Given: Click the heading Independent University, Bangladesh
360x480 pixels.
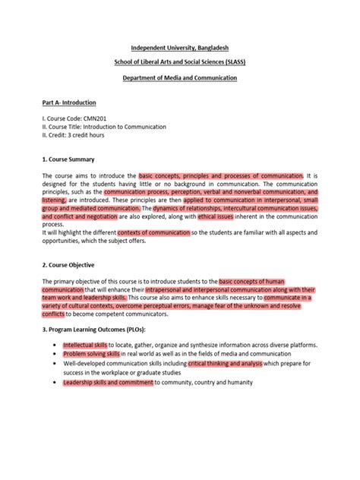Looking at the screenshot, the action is (x=179, y=48).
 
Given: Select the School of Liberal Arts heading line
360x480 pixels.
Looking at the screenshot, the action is (x=179, y=62).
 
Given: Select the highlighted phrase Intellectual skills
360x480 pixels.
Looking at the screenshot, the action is (x=85, y=345).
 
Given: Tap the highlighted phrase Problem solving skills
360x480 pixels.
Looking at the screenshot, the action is (x=91, y=354).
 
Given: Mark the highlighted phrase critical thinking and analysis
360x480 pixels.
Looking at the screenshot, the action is (x=229, y=363).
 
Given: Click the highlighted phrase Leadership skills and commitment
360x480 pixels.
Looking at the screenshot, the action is (x=108, y=382).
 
